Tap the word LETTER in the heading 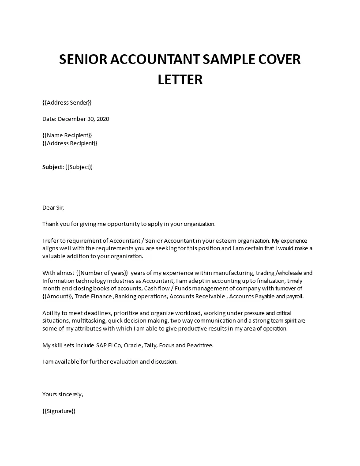click(180, 79)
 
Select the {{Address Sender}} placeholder click(67, 103)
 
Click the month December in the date click(72, 119)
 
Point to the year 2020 click(102, 119)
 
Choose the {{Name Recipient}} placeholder click(67, 135)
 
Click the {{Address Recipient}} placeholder click(70, 143)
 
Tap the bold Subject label click(52, 167)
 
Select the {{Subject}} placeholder click(79, 167)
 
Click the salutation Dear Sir click(56, 207)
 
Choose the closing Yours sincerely click(63, 394)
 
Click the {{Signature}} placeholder click(59, 410)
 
